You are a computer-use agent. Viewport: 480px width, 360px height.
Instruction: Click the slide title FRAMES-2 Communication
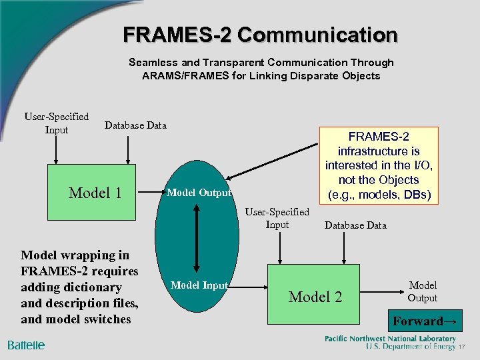(x=260, y=34)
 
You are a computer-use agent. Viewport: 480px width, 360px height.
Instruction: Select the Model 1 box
(x=95, y=193)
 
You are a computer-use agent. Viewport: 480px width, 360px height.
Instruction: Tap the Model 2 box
(x=315, y=296)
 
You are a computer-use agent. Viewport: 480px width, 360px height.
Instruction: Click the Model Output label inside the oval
(x=198, y=193)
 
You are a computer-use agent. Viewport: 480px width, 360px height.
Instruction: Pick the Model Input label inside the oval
(x=199, y=285)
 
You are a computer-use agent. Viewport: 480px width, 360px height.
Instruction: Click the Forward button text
(x=425, y=321)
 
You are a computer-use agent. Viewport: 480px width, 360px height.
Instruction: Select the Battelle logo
(x=27, y=345)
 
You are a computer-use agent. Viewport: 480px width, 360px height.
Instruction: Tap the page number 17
(x=461, y=347)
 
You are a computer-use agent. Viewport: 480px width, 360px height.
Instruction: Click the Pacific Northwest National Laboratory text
(x=390, y=339)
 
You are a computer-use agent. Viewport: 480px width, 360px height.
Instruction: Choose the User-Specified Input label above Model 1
(x=57, y=123)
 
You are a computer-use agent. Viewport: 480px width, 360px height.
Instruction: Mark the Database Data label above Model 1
(x=136, y=125)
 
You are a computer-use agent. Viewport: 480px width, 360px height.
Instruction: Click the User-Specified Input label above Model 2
(x=277, y=218)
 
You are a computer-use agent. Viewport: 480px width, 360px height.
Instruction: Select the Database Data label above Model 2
(x=355, y=225)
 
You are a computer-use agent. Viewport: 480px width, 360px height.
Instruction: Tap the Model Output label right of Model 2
(x=423, y=291)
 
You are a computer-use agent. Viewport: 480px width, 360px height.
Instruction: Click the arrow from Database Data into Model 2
(x=344, y=250)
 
